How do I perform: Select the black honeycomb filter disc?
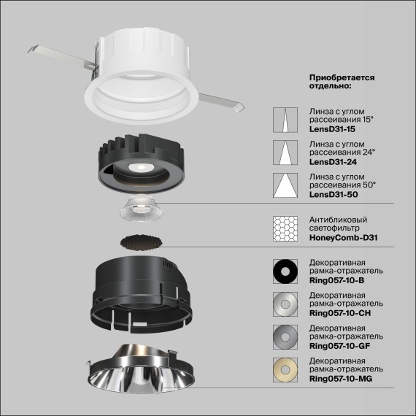(141, 241)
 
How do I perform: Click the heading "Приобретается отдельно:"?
(342, 81)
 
